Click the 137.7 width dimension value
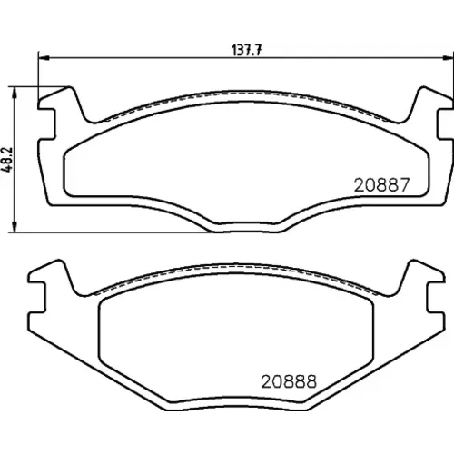(x=246, y=50)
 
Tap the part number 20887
(x=381, y=185)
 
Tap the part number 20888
(x=289, y=381)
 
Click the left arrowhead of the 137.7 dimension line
(x=44, y=56)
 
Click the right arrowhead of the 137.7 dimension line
(x=449, y=56)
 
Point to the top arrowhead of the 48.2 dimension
(x=14, y=92)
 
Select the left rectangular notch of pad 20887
(x=47, y=123)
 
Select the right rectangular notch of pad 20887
(x=445, y=123)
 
